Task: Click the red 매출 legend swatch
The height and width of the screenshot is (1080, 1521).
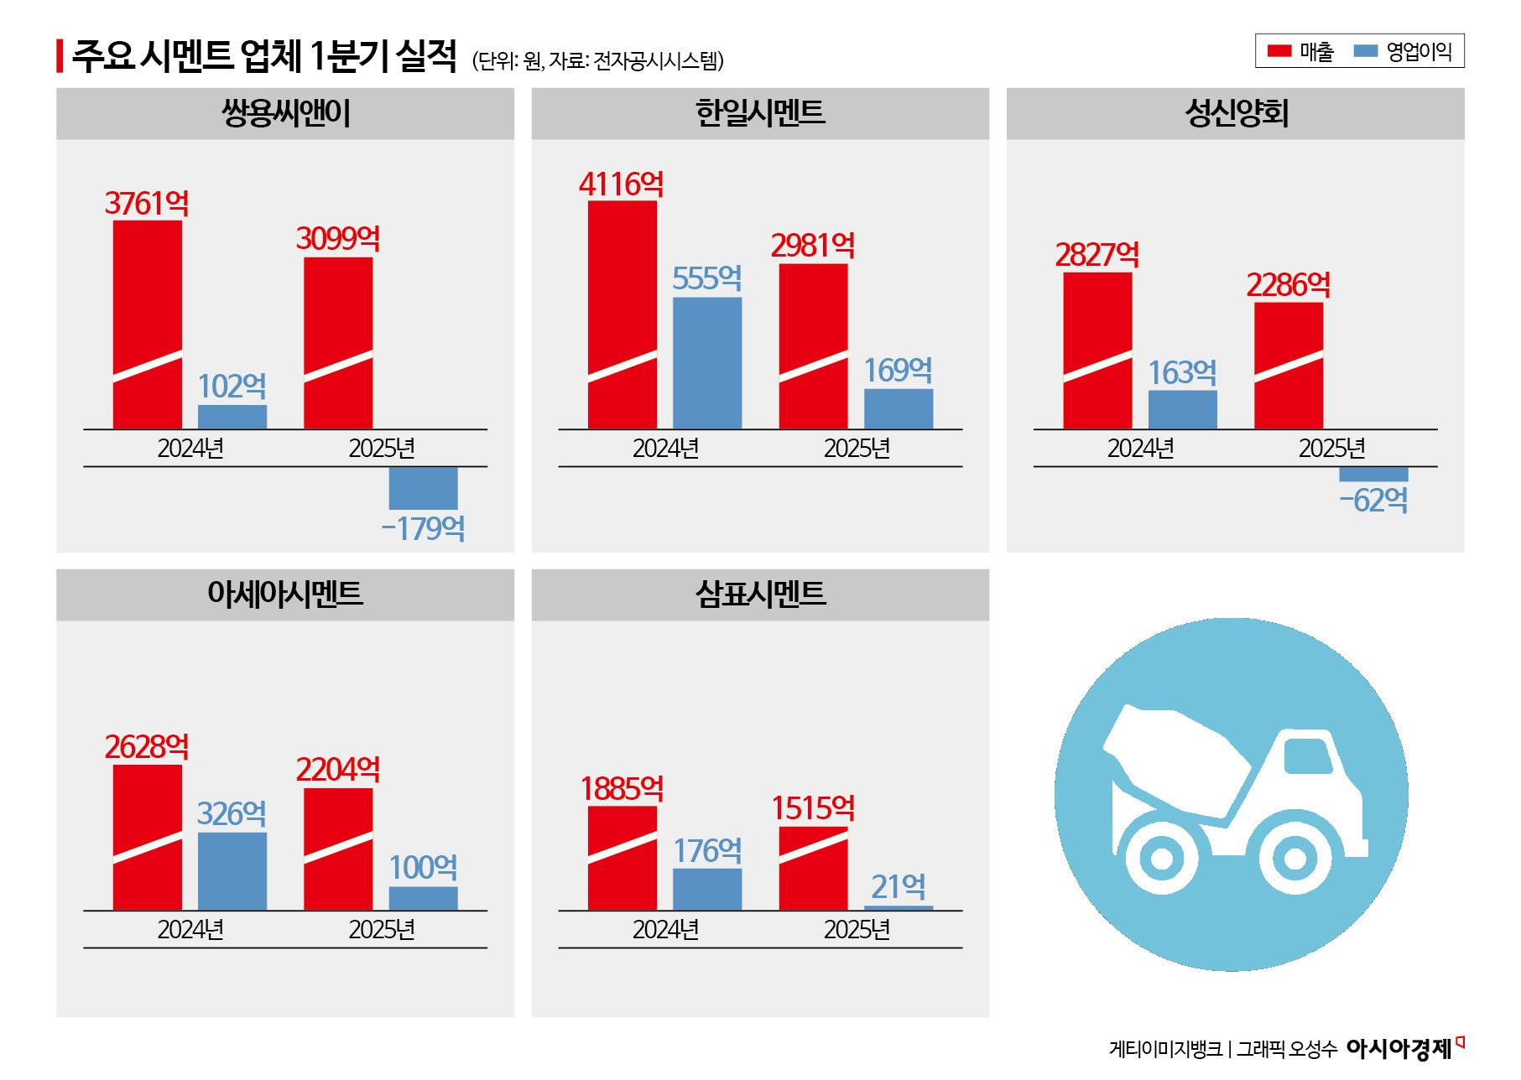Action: [1279, 51]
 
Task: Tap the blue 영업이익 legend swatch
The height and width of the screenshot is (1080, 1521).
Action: [1366, 51]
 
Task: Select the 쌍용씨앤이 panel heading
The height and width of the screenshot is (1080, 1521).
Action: [285, 113]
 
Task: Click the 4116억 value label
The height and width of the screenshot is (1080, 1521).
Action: [621, 184]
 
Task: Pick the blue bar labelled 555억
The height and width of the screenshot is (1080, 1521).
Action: [707, 362]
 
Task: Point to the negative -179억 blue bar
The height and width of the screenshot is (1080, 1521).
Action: [423, 488]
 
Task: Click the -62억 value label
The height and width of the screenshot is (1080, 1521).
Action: [1373, 501]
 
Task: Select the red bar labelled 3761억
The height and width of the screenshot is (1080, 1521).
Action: [148, 324]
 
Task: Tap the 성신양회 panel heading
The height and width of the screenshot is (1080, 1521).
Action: [1235, 113]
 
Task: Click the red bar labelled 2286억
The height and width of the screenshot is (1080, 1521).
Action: [1288, 365]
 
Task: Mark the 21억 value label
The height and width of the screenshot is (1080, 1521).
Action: [898, 886]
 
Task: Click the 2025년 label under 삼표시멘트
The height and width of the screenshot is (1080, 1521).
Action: [857, 929]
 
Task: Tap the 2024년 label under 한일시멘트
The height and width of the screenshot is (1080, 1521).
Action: [665, 449]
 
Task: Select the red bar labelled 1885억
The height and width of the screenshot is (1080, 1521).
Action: [622, 857]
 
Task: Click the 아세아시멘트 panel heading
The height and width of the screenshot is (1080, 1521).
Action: [285, 594]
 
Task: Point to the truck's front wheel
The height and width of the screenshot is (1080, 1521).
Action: [1294, 858]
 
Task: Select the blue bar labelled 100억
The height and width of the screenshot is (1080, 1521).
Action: [423, 898]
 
